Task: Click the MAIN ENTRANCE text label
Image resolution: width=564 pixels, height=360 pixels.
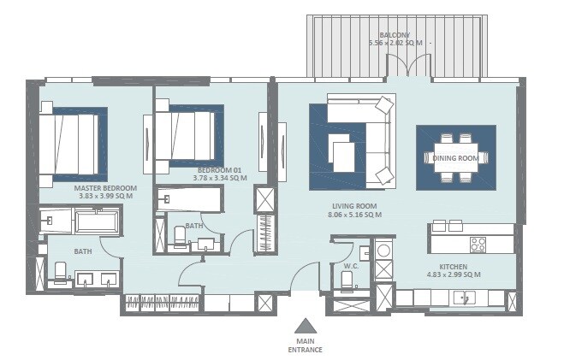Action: [x=306, y=345]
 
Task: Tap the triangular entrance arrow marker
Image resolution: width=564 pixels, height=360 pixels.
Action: [x=306, y=325]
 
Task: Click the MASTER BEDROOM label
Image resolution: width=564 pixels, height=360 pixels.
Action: [x=106, y=187]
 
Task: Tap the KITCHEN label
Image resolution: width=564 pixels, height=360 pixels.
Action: [x=453, y=266]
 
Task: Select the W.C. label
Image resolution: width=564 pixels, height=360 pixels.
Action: [x=350, y=265]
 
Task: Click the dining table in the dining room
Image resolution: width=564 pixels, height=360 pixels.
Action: [x=455, y=158]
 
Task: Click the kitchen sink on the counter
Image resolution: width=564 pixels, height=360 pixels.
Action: [x=465, y=298]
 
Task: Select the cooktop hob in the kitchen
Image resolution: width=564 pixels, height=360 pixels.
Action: [x=477, y=244]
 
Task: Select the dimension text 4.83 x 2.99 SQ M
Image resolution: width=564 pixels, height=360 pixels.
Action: [x=453, y=274]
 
